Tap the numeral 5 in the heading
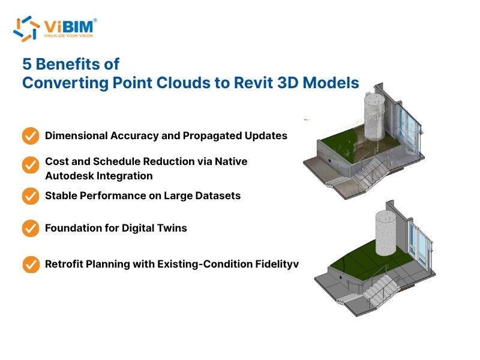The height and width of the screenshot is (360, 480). [27, 64]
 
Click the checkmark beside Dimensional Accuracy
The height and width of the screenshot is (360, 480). [31, 136]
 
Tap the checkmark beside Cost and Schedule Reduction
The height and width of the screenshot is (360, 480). [31, 165]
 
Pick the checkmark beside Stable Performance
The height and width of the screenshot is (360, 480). [31, 196]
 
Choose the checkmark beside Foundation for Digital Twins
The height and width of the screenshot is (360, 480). [31, 228]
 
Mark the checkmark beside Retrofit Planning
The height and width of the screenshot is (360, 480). [31, 265]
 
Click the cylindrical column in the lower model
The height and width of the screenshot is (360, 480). [386, 233]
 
